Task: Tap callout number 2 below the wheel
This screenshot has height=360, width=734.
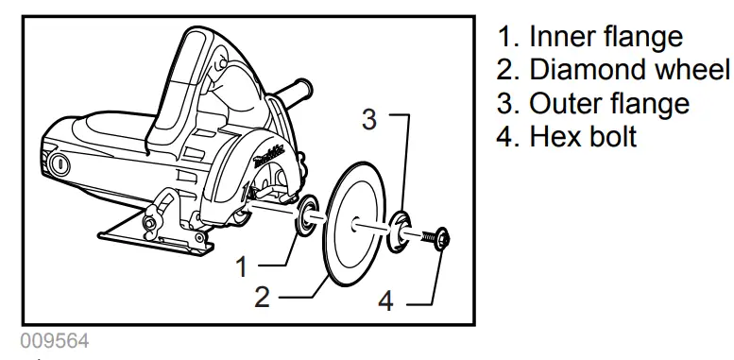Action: click(263, 297)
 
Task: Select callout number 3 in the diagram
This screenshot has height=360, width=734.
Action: click(371, 120)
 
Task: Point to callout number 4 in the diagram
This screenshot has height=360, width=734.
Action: click(385, 302)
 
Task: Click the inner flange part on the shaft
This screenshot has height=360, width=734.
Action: click(307, 216)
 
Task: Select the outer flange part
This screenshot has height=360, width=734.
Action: click(401, 232)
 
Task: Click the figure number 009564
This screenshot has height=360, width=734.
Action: click(54, 339)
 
